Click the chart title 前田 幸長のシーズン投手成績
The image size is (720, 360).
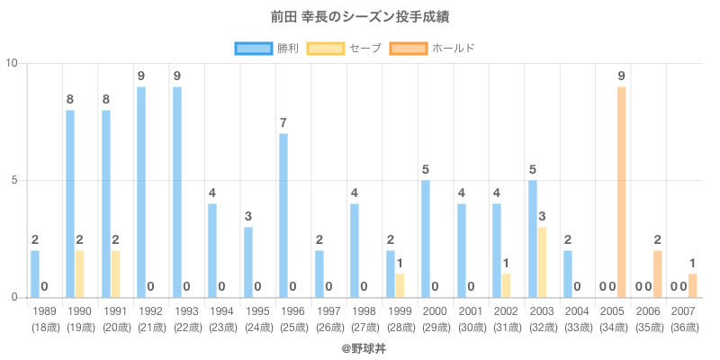[x=360, y=17]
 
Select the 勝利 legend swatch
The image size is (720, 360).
[x=253, y=48]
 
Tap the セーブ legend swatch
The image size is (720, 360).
[x=326, y=48]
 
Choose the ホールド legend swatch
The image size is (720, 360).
[x=409, y=48]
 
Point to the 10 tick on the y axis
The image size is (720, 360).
[x=13, y=63]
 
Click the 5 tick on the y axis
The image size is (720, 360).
[x=15, y=180]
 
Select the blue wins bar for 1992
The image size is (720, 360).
[x=141, y=192]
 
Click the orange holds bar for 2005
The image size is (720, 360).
[x=622, y=192]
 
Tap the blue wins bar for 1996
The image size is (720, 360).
[x=283, y=215]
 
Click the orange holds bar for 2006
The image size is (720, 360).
[x=657, y=274]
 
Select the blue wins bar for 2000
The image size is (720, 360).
[x=426, y=238]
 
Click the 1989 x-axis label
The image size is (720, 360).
[x=44, y=310]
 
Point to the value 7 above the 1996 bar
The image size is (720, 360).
[x=283, y=122]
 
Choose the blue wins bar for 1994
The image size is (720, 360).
[x=212, y=250]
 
